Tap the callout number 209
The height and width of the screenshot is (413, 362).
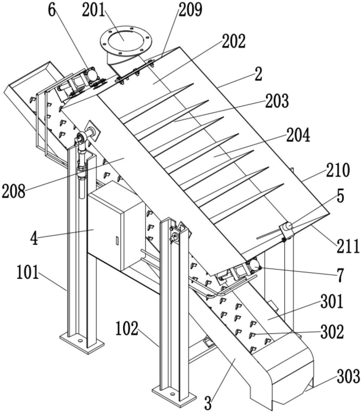tap(190, 10)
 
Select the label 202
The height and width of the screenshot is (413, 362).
tap(234, 41)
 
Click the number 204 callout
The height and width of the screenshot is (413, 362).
tap(298, 135)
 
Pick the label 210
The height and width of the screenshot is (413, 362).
tap(337, 170)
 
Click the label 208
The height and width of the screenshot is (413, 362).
tap(13, 191)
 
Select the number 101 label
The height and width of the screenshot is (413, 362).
tap(28, 273)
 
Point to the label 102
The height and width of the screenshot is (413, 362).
tap(127, 329)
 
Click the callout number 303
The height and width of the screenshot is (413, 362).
tap(348, 377)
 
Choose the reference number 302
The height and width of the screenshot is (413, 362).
tap(332, 332)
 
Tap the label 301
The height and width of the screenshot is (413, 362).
tap(332, 302)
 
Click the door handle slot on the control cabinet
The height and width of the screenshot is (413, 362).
tap(117, 240)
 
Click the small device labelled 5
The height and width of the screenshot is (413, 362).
tap(287, 228)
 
